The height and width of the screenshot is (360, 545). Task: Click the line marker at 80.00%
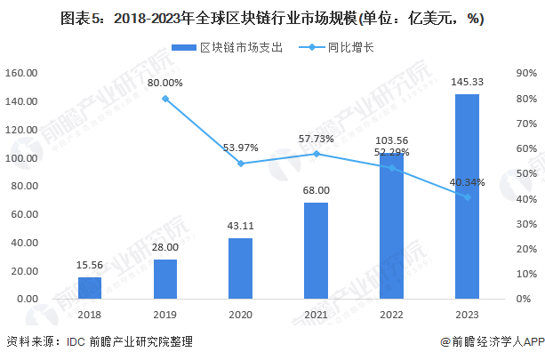(165, 98)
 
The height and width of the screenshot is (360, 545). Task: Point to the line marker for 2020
(241, 164)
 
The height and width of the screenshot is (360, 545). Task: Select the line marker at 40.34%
(468, 197)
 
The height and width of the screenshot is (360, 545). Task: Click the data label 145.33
(468, 82)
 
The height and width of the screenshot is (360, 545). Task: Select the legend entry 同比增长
(340, 48)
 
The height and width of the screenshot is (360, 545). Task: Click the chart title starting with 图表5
(272, 17)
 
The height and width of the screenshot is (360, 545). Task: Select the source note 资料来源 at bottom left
(99, 342)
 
